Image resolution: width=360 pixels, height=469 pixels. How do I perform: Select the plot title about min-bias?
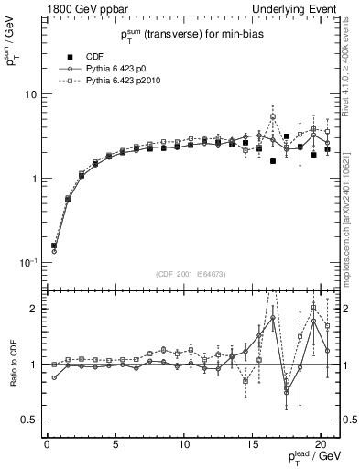(x=188, y=36)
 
